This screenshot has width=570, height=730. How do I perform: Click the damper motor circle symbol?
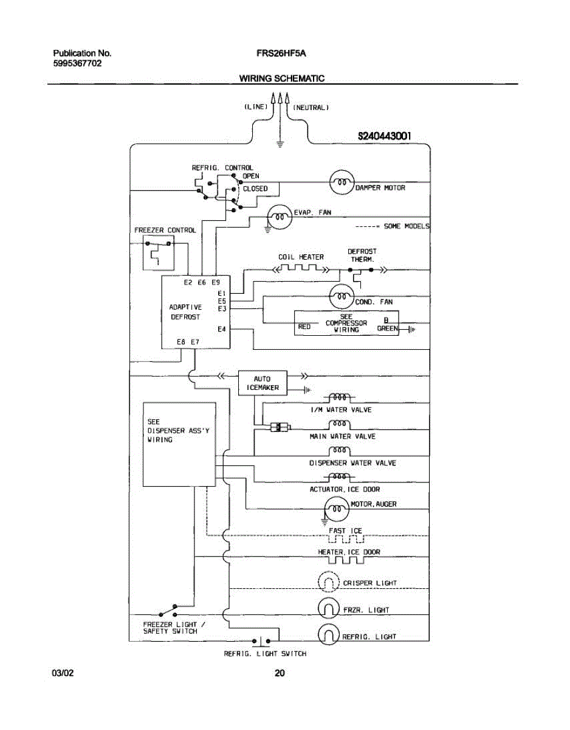342,181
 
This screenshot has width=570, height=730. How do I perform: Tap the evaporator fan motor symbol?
280,216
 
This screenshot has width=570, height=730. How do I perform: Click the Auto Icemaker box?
263,383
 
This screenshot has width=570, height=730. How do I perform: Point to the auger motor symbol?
335,507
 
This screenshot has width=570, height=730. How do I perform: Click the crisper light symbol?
329,582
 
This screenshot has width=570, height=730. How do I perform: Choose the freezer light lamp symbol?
329,608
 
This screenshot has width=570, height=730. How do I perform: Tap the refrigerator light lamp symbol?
329,635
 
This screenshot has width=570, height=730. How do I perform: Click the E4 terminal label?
222,329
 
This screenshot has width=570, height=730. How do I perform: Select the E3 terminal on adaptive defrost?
222,308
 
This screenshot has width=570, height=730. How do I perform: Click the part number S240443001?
385,136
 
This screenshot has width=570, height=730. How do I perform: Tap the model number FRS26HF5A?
281,54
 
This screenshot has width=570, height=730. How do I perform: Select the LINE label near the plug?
256,107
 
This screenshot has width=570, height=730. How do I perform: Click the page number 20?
280,673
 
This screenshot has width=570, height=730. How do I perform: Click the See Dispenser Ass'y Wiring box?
179,444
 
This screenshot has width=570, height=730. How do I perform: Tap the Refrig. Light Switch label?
265,654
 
